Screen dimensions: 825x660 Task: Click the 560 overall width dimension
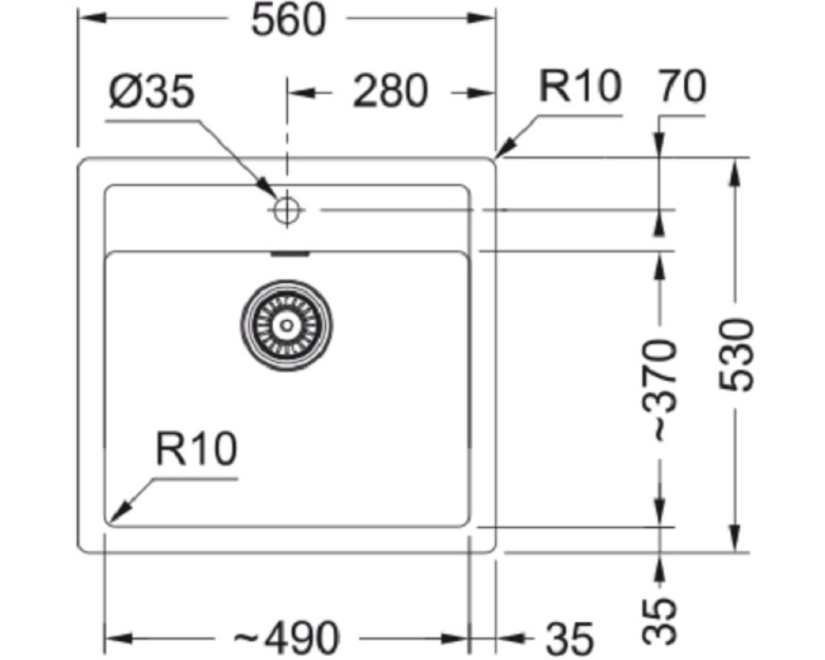click(289, 20)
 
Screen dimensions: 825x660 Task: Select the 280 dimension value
click(390, 91)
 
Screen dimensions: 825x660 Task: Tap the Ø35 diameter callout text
click(152, 91)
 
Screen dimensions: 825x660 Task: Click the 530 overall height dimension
click(737, 355)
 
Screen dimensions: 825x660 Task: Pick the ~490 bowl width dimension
click(287, 638)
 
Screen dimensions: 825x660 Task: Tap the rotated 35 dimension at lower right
click(658, 620)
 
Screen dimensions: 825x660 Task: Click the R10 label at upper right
click(580, 87)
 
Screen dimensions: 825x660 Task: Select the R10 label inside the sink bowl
click(196, 449)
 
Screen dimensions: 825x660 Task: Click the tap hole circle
click(287, 210)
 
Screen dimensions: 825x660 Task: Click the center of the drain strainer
click(287, 325)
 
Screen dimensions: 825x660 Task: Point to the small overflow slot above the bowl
click(289, 253)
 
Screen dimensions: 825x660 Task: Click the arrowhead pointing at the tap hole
click(266, 188)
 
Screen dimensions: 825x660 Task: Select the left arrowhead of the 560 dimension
click(90, 18)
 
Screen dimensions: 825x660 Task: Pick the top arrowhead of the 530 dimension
click(736, 172)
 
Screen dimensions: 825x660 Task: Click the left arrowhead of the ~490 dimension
click(118, 639)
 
